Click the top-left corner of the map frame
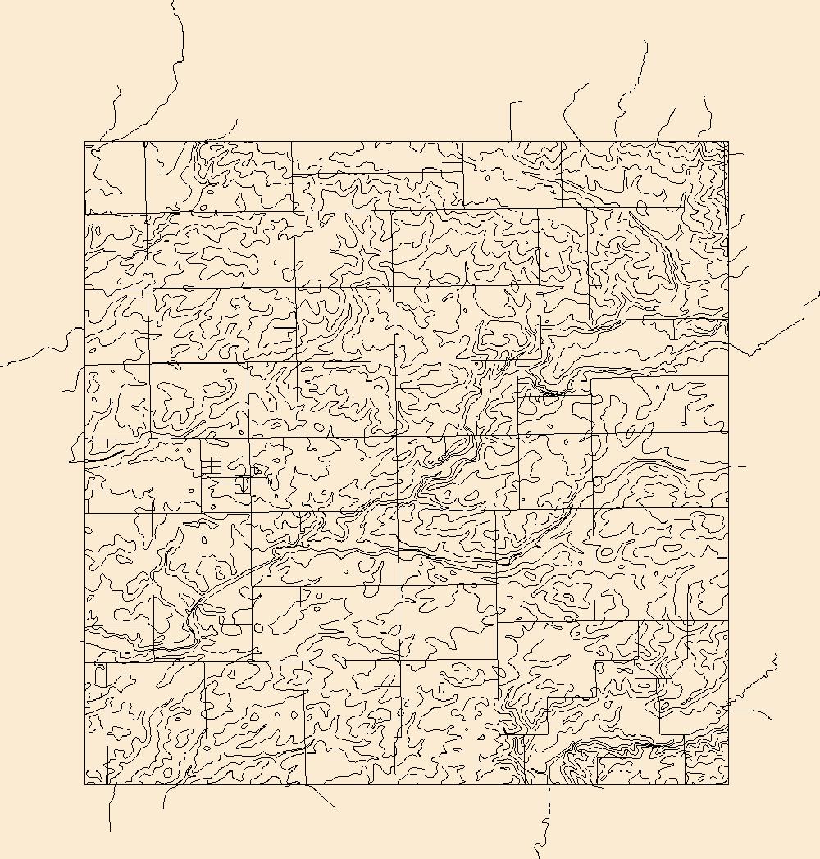tap(85, 142)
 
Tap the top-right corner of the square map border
tap(728, 141)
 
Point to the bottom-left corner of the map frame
tap(85, 784)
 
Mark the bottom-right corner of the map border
tap(728, 784)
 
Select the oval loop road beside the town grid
tap(242, 484)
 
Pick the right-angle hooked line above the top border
tap(512, 115)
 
